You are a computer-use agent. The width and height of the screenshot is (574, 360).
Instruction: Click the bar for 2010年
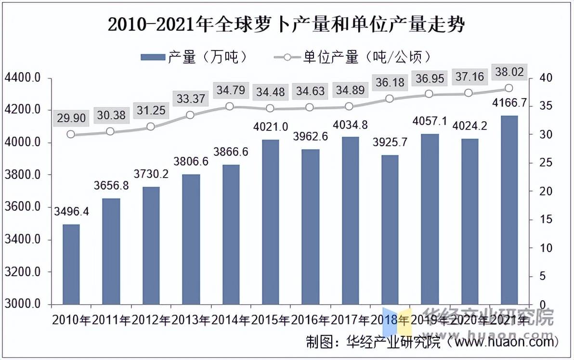71,264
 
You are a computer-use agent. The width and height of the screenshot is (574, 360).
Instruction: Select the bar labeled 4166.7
509,210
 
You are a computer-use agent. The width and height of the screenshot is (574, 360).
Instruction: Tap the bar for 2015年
271,222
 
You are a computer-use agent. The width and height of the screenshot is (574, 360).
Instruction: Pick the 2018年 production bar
390,230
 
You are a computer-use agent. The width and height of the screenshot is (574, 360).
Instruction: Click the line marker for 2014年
230,107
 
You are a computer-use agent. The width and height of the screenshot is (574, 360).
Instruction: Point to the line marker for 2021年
509,88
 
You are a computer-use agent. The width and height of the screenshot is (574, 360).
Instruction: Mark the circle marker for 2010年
71,134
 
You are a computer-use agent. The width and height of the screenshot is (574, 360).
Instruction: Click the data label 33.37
191,99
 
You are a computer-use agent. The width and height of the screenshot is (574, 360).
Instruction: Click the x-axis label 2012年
151,319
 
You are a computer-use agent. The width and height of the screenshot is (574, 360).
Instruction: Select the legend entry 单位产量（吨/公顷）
352,57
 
